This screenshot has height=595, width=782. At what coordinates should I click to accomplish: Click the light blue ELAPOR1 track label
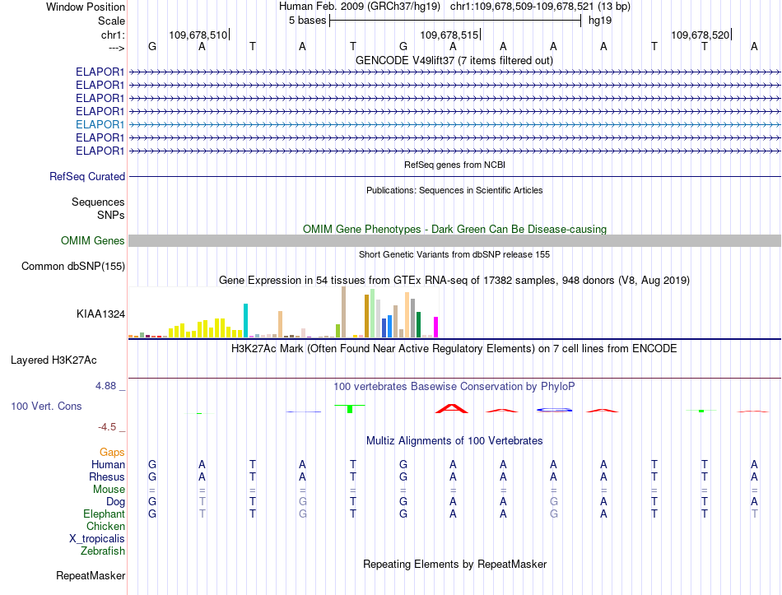click(x=100, y=125)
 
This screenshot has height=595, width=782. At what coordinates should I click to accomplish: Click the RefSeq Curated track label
click(x=87, y=177)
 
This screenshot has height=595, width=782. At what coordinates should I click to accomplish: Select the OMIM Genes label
click(x=93, y=241)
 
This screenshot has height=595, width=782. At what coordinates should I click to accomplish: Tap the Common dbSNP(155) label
click(x=73, y=267)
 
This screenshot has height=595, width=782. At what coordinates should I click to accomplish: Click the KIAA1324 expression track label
click(x=100, y=314)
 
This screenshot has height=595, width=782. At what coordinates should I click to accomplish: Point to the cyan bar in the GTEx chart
click(x=245, y=321)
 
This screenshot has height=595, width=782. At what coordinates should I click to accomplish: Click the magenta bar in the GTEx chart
click(x=436, y=328)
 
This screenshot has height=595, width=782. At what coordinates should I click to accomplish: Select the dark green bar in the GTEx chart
click(x=418, y=325)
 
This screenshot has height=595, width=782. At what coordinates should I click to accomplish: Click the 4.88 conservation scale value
click(x=105, y=386)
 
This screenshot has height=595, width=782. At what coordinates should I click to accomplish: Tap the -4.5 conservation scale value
click(x=107, y=427)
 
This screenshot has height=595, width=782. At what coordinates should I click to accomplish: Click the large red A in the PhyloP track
click(x=452, y=409)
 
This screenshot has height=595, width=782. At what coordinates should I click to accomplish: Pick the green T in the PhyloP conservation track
click(x=350, y=408)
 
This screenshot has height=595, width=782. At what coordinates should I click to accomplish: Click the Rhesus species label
click(x=107, y=477)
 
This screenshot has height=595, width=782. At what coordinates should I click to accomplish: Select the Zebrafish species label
click(x=103, y=551)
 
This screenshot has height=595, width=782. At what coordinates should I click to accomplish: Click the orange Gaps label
click(x=112, y=453)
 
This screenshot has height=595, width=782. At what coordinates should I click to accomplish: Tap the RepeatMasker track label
click(x=91, y=576)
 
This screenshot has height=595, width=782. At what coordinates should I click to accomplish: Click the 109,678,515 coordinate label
click(x=449, y=35)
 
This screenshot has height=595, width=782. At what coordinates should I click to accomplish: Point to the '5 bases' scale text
click(x=307, y=21)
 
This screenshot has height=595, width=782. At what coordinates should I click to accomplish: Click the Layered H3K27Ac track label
click(x=54, y=360)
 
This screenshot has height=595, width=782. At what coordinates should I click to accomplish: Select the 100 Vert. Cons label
click(x=46, y=407)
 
